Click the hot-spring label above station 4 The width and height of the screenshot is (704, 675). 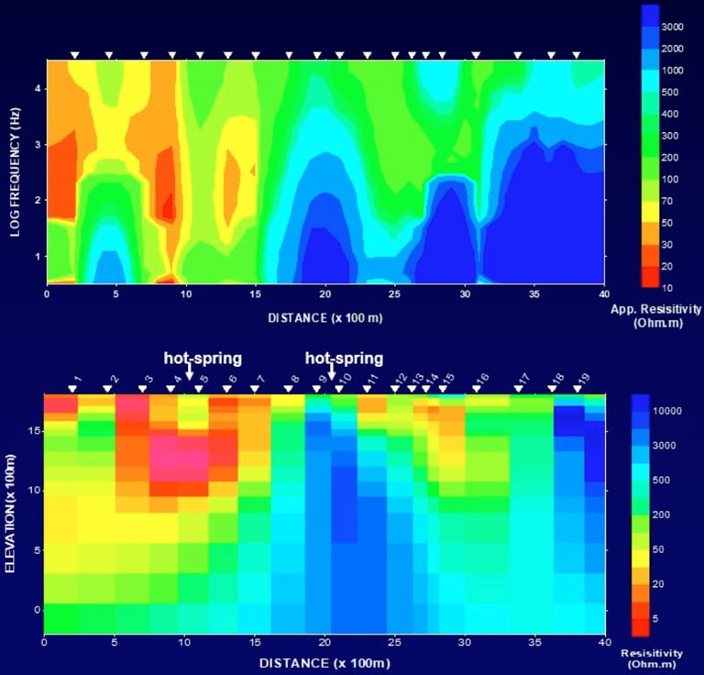pos(202,358)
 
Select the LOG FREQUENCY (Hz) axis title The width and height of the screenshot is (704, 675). pos(16,172)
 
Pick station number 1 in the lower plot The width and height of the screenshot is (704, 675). pos(79,378)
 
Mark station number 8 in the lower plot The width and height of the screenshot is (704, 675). pos(294,378)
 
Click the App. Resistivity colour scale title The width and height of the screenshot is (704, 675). pos(655,315)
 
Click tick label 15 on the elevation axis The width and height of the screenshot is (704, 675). pos(34,430)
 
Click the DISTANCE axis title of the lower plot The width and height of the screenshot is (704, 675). pos(325,662)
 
